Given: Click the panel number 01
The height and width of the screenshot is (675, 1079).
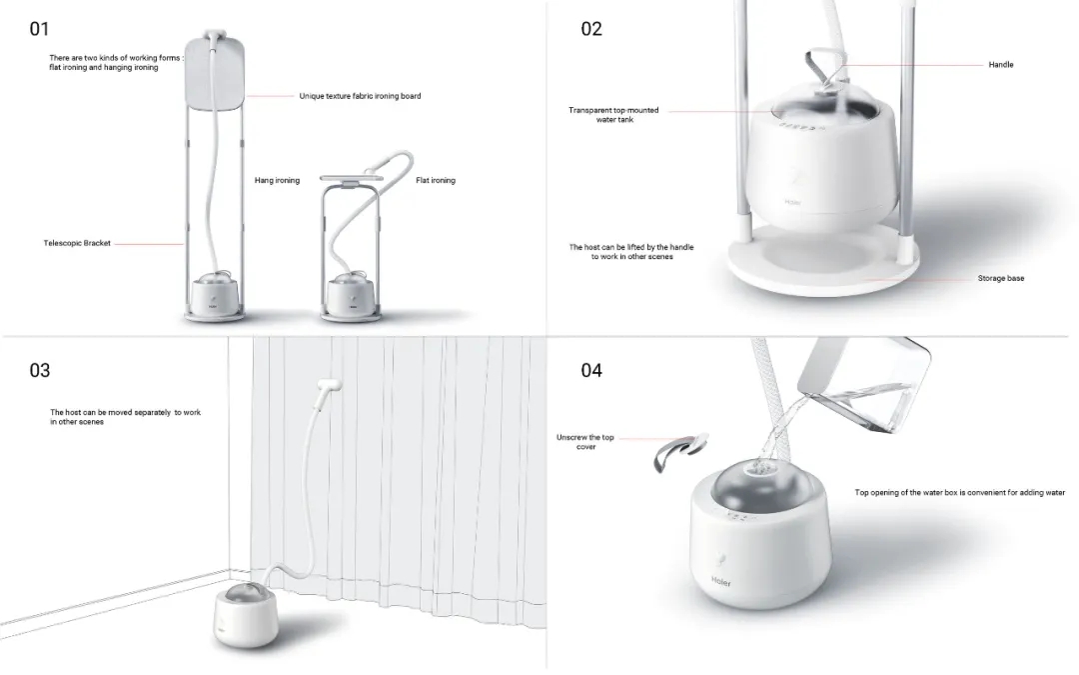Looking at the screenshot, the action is click(x=39, y=29).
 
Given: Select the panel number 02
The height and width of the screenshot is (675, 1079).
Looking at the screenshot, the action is click(x=591, y=29).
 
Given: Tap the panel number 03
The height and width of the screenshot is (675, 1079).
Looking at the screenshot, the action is click(x=39, y=371).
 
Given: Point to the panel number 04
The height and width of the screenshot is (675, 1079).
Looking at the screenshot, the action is click(x=591, y=371).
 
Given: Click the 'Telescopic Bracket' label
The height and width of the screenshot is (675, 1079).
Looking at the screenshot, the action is click(x=77, y=243).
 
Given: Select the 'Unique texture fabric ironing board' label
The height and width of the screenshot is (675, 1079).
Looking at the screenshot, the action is click(x=360, y=96).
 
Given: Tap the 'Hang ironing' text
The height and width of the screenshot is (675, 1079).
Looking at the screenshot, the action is click(x=277, y=180).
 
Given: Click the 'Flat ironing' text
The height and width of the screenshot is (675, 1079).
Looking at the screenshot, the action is click(x=436, y=180).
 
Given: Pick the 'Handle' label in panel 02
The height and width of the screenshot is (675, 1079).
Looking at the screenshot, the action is click(x=1000, y=65).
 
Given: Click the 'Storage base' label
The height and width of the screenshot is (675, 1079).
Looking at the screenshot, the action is click(x=1000, y=278).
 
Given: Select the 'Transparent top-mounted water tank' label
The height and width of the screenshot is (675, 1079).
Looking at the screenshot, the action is click(x=613, y=114).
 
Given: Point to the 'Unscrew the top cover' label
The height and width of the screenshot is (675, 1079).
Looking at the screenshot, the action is click(x=584, y=442).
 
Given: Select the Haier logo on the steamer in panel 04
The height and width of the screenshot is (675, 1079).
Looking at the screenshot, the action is click(x=721, y=582).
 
